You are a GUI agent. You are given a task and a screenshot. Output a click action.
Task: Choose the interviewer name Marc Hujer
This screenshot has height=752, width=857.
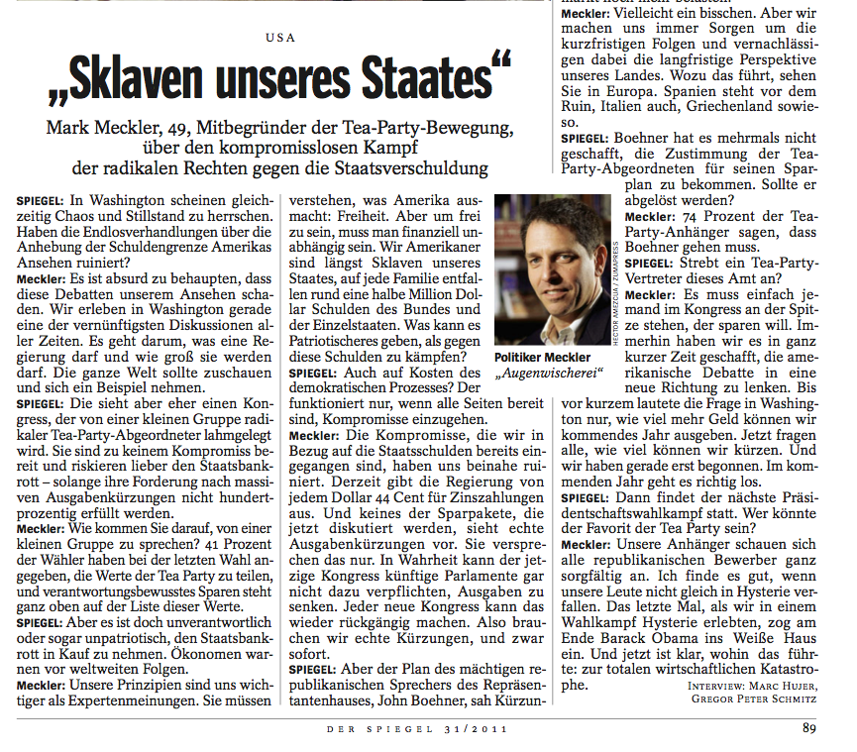pyautogui.click(x=779, y=684)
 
